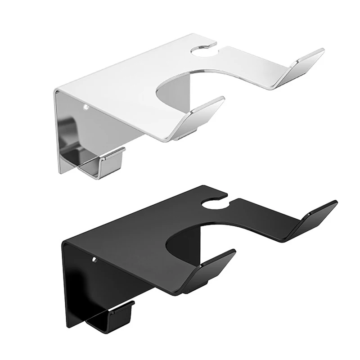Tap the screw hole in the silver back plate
point(85,108)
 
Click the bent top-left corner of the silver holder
point(56,92)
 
